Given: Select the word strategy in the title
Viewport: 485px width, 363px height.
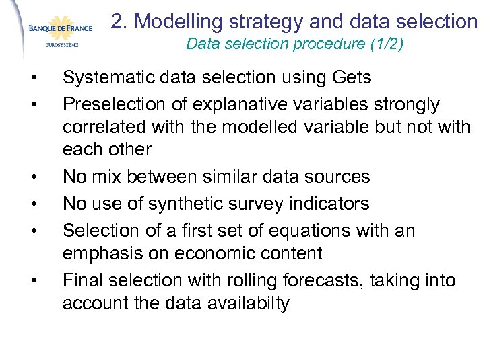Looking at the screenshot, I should click(x=263, y=22).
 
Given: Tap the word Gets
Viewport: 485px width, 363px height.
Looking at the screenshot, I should click(x=352, y=78).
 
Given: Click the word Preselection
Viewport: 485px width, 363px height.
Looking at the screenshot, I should click(x=106, y=104).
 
